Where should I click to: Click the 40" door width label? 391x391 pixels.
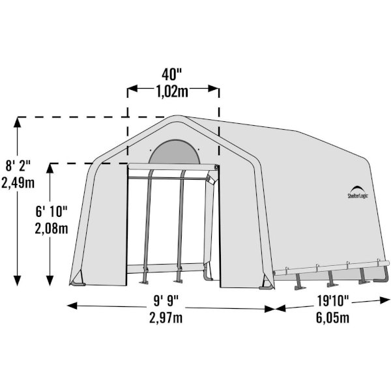click(172, 74)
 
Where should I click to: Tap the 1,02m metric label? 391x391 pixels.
click(172, 91)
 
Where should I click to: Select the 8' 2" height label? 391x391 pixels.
click(18, 166)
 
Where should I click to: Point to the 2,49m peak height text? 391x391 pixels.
click(18, 182)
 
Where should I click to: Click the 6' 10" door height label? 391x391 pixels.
click(51, 211)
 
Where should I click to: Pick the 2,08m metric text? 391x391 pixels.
click(51, 228)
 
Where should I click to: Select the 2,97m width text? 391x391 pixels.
click(166, 317)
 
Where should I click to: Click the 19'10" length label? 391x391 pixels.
click(332, 300)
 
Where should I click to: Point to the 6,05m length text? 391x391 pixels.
click(332, 317)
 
